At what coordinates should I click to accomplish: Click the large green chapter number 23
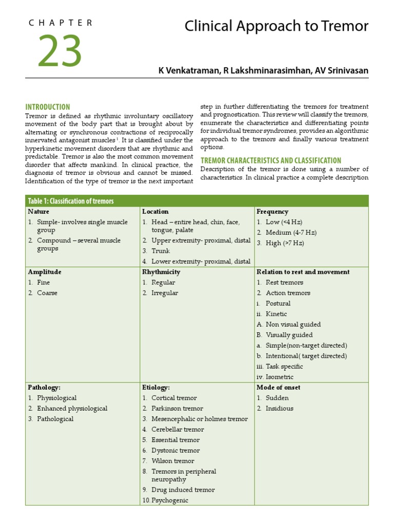click(x=59, y=51)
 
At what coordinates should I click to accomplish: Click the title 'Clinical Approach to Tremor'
click(x=276, y=27)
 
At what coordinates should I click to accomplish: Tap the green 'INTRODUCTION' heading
click(x=48, y=107)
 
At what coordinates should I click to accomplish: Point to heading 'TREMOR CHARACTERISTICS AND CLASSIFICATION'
click(x=270, y=160)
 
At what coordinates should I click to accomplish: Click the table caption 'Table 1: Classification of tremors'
click(x=71, y=201)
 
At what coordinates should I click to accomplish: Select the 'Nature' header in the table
click(x=39, y=211)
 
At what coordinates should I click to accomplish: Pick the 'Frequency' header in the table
click(x=272, y=211)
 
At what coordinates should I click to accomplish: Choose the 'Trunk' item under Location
click(x=161, y=251)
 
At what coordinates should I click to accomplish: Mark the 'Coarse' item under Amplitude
click(x=47, y=293)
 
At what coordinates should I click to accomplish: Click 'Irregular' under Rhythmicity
click(x=165, y=293)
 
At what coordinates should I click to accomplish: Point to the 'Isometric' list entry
click(x=280, y=377)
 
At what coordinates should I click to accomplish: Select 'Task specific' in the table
click(x=284, y=367)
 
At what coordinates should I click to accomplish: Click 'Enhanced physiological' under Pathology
click(x=72, y=409)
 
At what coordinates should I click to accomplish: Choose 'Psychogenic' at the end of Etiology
click(x=170, y=500)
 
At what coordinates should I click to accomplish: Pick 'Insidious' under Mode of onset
click(x=280, y=409)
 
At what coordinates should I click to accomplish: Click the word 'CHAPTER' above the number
click(x=61, y=23)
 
